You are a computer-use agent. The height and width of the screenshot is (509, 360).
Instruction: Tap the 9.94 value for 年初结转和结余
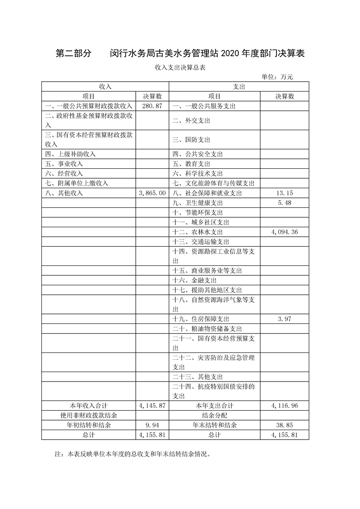click(152, 425)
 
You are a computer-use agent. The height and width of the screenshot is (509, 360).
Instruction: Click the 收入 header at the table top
click(105, 86)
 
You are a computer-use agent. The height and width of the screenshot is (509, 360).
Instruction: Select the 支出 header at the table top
click(239, 86)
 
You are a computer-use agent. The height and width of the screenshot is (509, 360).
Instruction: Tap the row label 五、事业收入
click(64, 163)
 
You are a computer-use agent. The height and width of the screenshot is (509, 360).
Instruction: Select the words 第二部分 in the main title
click(74, 54)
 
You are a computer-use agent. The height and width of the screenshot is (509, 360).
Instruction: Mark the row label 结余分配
click(215, 415)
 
